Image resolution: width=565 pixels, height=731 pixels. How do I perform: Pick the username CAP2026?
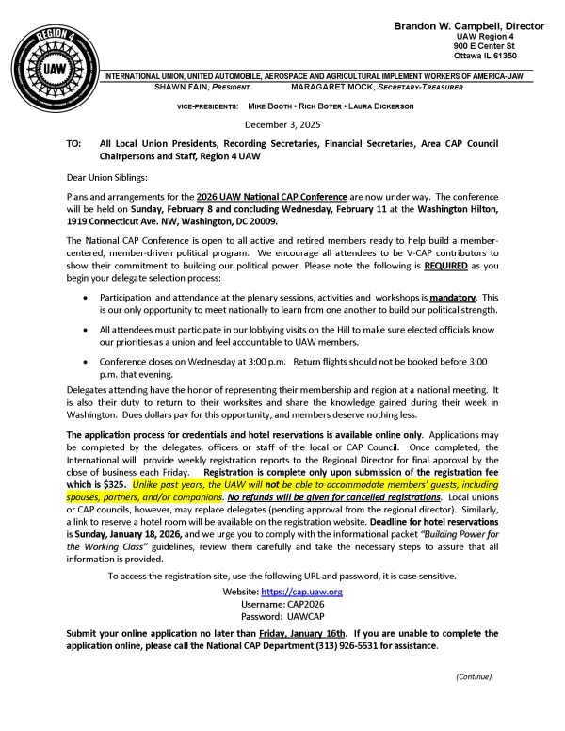[x=302, y=604]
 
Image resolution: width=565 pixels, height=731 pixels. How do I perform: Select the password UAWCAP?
[x=303, y=617]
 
